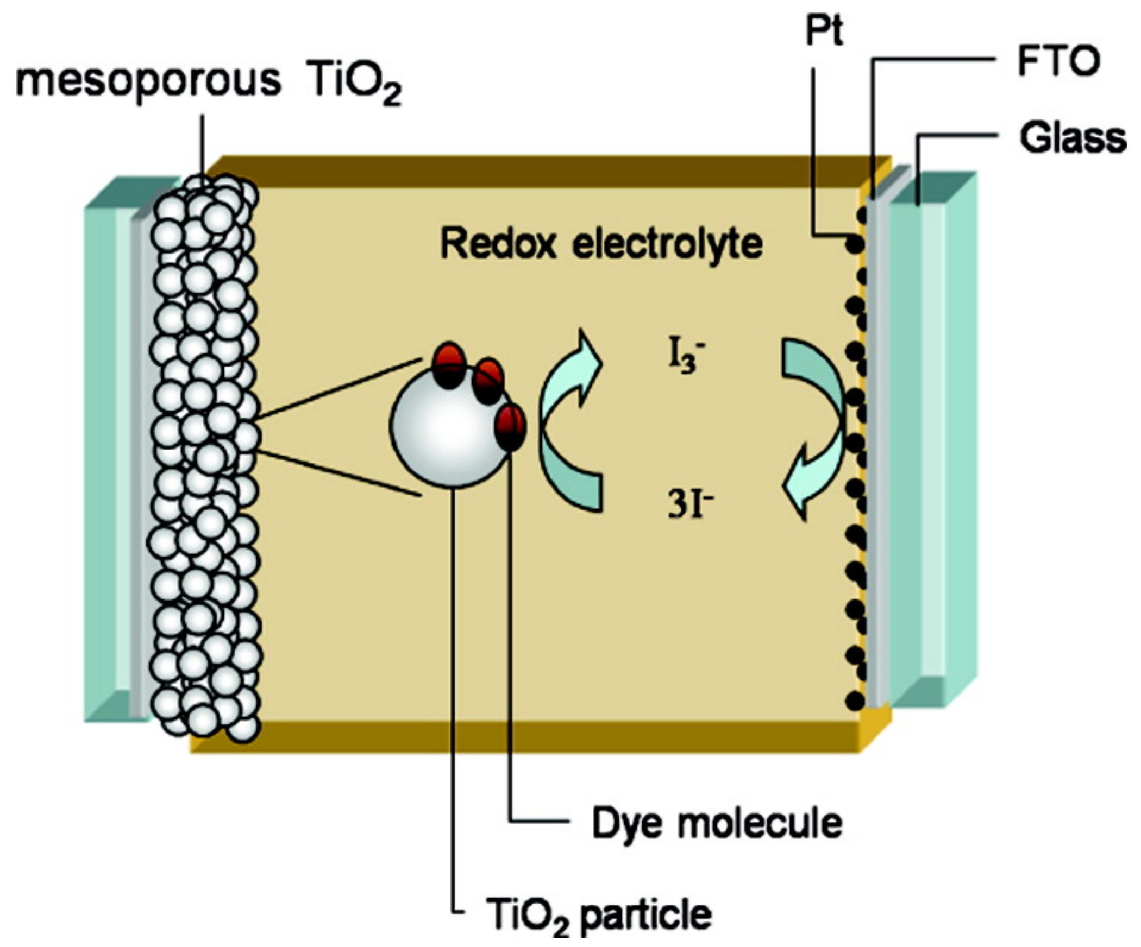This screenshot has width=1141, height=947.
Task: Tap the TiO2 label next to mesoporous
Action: (x=356, y=84)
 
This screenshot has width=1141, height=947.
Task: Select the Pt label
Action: (x=824, y=31)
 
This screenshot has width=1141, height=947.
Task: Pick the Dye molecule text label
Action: (x=717, y=824)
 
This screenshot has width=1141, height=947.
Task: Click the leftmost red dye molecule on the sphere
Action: (x=449, y=365)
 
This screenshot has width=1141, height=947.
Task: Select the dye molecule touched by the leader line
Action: (x=510, y=427)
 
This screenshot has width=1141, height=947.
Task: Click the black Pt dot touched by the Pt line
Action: (x=855, y=243)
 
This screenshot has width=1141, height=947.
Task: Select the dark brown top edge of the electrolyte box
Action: (x=543, y=171)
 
